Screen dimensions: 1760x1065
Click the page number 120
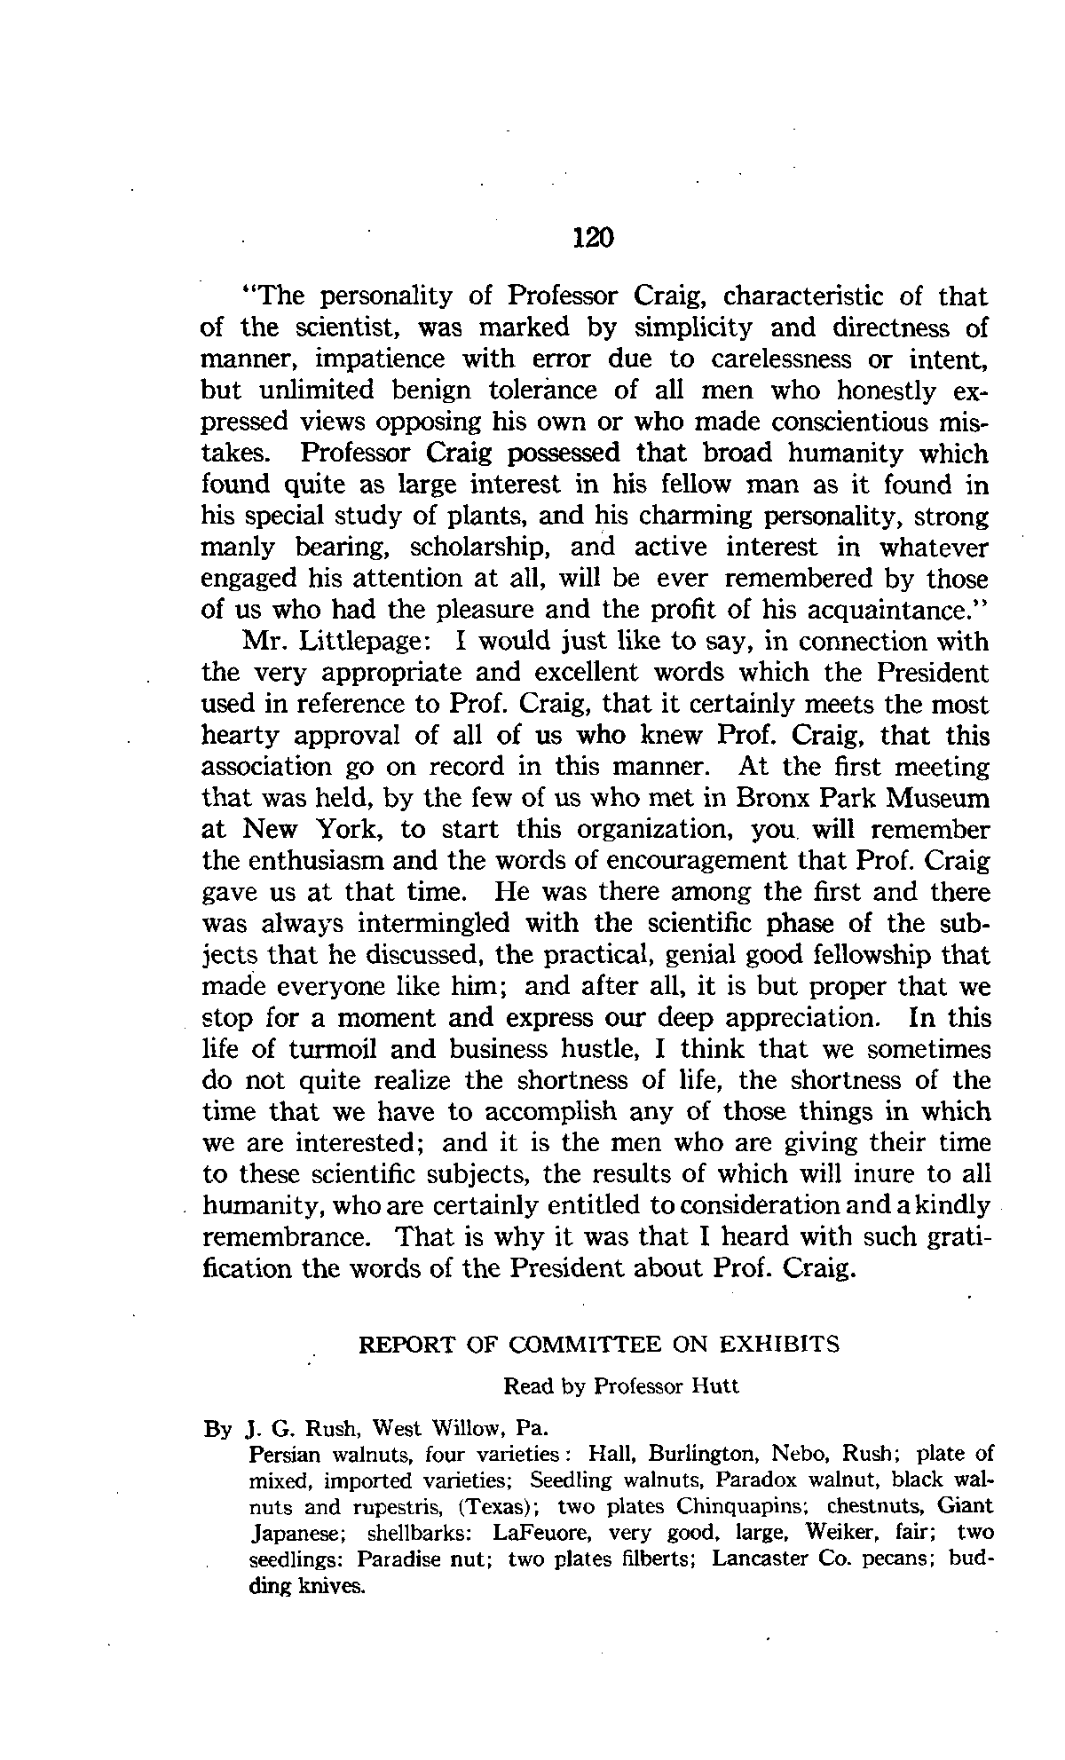[593, 238]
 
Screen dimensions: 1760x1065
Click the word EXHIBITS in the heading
[778, 1345]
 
